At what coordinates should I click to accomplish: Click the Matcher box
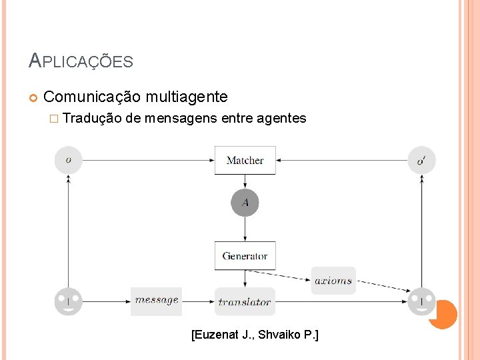coord(245,160)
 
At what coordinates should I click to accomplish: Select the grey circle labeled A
coord(245,203)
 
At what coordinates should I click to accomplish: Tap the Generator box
coord(245,255)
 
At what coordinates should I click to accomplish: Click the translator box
coord(245,301)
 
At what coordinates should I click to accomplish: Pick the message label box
coord(157,301)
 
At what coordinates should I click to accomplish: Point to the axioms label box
coord(333,281)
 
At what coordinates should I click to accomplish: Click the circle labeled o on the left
coord(69,160)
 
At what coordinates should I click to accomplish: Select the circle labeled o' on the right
coord(421,160)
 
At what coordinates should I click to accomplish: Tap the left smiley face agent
coord(69,301)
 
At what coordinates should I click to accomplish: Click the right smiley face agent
coord(421,301)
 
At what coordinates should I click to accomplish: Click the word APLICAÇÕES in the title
coord(81,62)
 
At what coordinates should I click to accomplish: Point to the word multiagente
coord(186,97)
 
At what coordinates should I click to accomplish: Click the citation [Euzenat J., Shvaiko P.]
coord(255,334)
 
